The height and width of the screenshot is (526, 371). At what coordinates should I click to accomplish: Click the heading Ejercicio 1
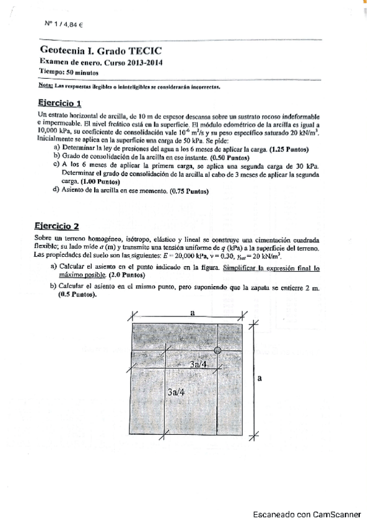coord(59,103)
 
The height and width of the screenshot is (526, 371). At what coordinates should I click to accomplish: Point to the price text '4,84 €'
coord(72,24)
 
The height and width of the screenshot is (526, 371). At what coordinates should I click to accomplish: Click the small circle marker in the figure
coord(217,351)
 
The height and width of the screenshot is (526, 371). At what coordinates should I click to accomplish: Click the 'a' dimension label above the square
coord(193,314)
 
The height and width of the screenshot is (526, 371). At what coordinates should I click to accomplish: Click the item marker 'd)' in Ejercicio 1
coord(57,190)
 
